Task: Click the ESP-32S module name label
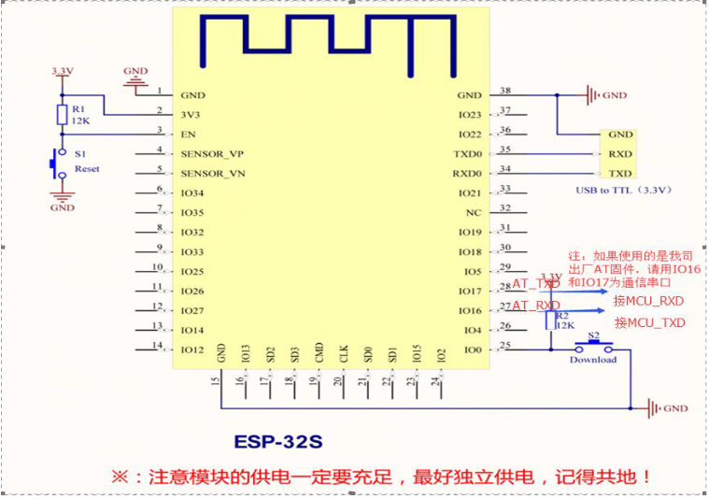(x=277, y=439)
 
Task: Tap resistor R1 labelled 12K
(x=62, y=115)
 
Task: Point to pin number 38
(x=505, y=91)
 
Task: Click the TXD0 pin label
(x=467, y=154)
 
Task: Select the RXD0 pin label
(x=467, y=174)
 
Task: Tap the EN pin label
(x=188, y=135)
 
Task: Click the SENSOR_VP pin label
(x=213, y=154)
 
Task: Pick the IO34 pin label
(x=192, y=193)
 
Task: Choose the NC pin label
(x=474, y=213)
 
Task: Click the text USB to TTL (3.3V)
(x=624, y=191)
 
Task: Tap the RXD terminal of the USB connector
(x=619, y=154)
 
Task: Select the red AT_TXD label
(x=535, y=283)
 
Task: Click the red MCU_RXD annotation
(x=648, y=301)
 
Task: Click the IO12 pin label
(x=192, y=349)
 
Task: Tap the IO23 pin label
(x=470, y=115)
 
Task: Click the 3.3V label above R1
(x=62, y=71)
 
